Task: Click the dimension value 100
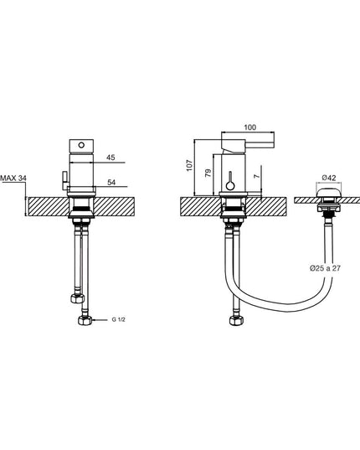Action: tap(250, 127)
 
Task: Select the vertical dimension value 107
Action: tap(189, 166)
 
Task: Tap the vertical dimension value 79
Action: tap(208, 173)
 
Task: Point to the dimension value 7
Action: tap(258, 175)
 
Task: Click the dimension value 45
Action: tap(111, 158)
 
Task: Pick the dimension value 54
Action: tap(111, 182)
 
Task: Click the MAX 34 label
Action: tap(13, 178)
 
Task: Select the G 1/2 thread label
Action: tap(118, 320)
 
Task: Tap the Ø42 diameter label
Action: tap(328, 178)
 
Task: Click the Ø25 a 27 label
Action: tap(325, 268)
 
